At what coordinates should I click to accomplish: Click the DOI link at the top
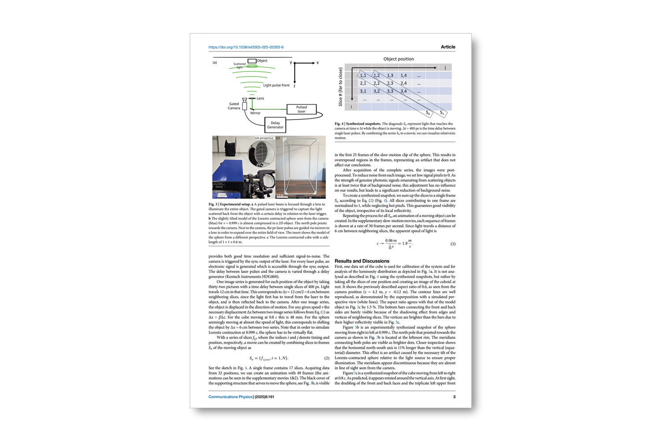click(246, 47)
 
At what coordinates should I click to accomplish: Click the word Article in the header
click(448, 47)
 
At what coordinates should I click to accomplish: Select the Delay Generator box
click(275, 125)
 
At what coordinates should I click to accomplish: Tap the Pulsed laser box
click(301, 109)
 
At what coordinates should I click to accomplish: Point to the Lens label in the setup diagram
click(260, 98)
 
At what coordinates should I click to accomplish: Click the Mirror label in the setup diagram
click(255, 113)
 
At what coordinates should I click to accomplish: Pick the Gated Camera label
click(234, 106)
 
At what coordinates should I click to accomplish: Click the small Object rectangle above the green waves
click(252, 61)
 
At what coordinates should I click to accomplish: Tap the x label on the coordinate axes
click(317, 63)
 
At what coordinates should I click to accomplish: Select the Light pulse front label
click(276, 85)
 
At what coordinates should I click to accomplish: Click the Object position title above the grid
click(398, 59)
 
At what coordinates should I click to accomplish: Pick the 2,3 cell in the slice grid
click(390, 83)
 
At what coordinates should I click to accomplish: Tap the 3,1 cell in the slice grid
click(363, 91)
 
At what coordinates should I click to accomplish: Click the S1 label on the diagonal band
click(442, 113)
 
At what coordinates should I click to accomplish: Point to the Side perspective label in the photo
click(264, 138)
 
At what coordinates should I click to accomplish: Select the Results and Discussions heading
click(362, 261)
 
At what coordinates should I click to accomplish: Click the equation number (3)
click(453, 244)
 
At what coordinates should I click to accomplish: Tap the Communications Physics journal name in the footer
click(230, 397)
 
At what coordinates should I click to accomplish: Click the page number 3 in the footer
click(454, 397)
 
